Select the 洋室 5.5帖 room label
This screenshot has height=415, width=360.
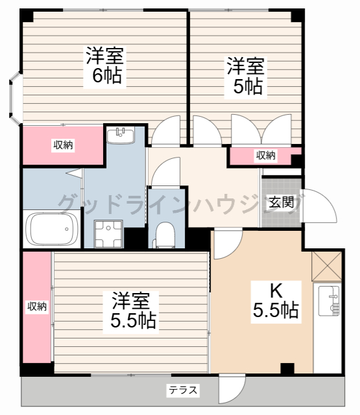click(132, 310)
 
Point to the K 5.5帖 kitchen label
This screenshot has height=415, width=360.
click(276, 300)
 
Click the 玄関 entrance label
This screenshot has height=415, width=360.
click(282, 202)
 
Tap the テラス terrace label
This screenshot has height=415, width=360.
click(184, 390)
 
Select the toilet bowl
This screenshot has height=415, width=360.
click(165, 235)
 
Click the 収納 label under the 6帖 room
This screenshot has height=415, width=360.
click(63, 145)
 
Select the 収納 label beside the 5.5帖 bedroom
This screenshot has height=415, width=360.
click(37, 306)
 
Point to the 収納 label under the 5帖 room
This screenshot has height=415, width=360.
click(265, 156)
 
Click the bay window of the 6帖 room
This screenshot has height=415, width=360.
click(14, 99)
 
